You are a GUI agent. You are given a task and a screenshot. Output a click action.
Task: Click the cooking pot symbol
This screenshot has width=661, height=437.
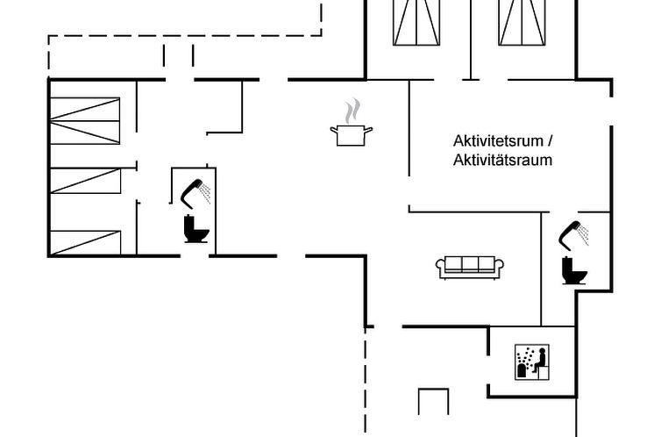[x=352, y=135]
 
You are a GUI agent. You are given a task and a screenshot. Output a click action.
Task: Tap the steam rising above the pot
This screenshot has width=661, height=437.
[x=352, y=111]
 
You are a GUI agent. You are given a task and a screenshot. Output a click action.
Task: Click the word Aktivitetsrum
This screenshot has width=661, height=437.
[x=498, y=141]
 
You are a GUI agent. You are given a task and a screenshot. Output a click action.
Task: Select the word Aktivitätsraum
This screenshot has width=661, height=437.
[x=502, y=161]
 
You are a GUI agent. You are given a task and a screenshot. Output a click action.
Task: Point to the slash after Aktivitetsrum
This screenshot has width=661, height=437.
[x=550, y=140]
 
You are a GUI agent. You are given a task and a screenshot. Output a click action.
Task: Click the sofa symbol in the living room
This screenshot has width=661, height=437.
[x=470, y=268]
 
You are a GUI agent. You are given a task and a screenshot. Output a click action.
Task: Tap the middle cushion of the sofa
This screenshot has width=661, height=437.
[x=470, y=264]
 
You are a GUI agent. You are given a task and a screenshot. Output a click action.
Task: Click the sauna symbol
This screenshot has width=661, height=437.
[x=532, y=362]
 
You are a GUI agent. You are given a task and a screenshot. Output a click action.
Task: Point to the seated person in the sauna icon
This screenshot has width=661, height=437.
[x=540, y=361]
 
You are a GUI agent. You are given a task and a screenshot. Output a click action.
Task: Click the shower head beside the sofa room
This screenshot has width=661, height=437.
[x=573, y=235]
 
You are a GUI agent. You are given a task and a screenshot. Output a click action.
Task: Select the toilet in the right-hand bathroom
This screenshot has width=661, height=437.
[x=574, y=270]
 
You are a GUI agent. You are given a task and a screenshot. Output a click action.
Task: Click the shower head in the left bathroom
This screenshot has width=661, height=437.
[x=195, y=194]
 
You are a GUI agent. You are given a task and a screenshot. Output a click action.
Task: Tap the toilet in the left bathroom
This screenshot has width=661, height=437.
[x=196, y=229]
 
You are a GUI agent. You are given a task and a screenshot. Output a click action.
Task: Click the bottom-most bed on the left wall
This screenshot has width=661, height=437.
[x=86, y=242]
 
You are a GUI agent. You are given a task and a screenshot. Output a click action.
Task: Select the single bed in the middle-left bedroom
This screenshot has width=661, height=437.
[x=86, y=181]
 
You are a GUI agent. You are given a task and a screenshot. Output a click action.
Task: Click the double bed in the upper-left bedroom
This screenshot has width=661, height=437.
[x=85, y=121]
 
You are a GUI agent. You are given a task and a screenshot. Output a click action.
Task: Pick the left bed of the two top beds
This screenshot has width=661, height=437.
[x=416, y=22]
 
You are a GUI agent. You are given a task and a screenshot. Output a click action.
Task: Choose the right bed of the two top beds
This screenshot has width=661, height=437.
[x=522, y=22]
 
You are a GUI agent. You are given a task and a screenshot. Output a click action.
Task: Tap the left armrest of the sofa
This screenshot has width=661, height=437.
[x=441, y=266]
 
